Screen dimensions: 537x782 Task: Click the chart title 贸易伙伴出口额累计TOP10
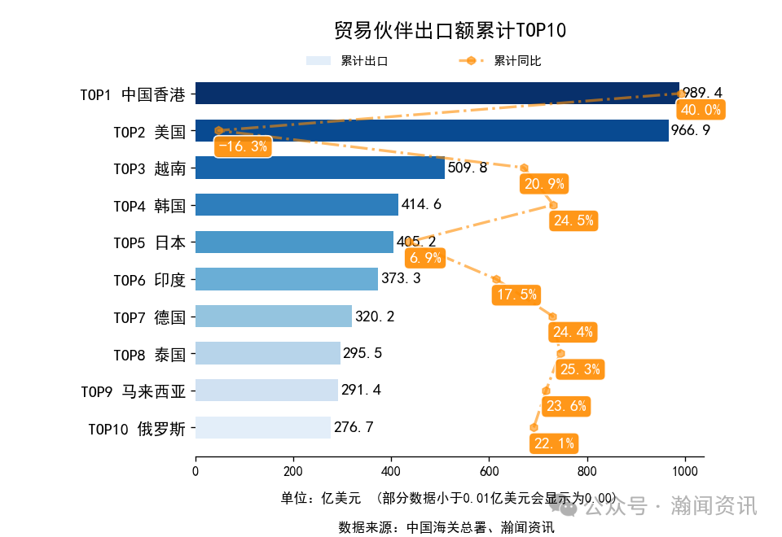[450, 31]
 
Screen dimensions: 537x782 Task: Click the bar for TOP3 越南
[319, 168]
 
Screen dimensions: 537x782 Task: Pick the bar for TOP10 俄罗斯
[262, 427]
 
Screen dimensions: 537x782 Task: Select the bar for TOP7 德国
[273, 316]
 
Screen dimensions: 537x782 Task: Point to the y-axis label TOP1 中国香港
[133, 94]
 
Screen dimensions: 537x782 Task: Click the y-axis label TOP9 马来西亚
[133, 391]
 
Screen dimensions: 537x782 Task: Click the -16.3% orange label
[243, 147]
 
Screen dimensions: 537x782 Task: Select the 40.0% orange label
[701, 110]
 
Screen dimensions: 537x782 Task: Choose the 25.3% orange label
[581, 369]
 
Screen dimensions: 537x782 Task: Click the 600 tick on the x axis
[489, 471]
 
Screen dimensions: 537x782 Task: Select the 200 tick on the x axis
[293, 471]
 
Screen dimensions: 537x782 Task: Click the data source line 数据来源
[446, 526]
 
